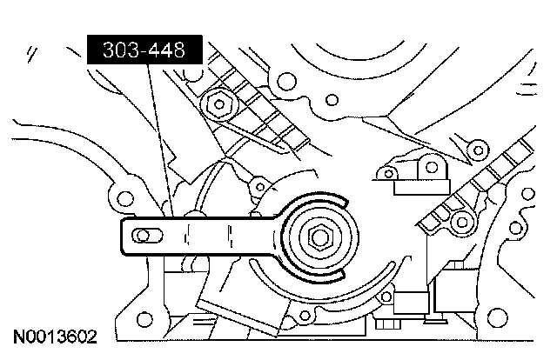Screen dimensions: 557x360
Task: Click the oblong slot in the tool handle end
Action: click(145, 233)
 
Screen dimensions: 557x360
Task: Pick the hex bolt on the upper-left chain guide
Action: click(217, 105)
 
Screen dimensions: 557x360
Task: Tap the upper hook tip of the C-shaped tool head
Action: click(341, 202)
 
